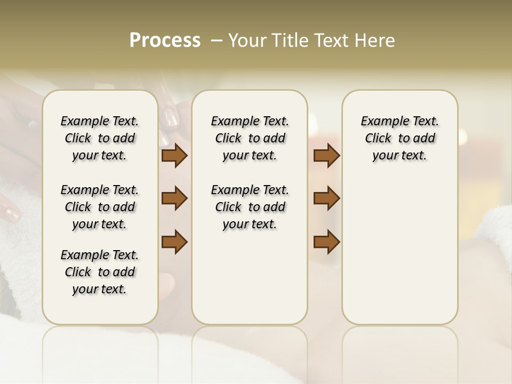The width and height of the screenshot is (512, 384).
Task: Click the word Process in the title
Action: [x=165, y=41]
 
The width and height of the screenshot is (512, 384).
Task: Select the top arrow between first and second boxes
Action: [x=174, y=156]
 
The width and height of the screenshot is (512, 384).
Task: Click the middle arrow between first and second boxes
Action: [x=174, y=198]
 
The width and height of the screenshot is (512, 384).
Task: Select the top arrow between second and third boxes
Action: [x=326, y=156]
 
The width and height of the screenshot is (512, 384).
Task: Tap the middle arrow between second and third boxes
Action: [x=326, y=198]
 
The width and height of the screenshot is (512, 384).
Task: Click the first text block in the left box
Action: [x=100, y=138]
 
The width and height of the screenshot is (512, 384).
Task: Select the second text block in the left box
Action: [x=100, y=207]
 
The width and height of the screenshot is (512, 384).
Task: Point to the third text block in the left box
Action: [x=100, y=272]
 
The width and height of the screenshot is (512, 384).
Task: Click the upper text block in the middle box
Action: [x=250, y=138]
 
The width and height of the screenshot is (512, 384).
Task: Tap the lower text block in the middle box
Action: [x=250, y=207]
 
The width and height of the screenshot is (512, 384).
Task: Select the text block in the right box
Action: [x=399, y=138]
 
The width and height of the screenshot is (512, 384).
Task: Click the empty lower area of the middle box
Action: [x=250, y=277]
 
